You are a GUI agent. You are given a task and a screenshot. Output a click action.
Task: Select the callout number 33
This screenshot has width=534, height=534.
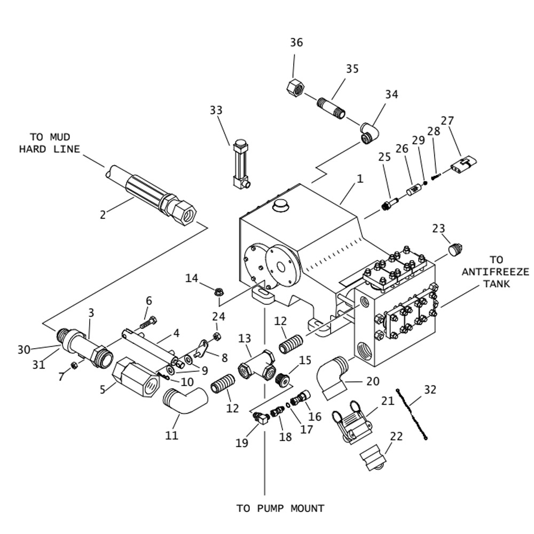216,111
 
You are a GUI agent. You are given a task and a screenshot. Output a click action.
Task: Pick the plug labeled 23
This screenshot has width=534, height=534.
454,249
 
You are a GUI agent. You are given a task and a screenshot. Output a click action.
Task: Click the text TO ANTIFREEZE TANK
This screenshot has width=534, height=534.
496,271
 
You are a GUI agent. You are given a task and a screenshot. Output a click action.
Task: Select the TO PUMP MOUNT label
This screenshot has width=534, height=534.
280,508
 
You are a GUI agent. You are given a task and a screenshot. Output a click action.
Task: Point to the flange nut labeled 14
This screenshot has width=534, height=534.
218,292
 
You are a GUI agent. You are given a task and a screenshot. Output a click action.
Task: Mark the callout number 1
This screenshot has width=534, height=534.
360,179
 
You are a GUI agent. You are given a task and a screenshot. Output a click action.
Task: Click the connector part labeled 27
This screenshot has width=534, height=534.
463,164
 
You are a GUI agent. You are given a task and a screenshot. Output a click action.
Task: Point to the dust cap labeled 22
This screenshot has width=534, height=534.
373,459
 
